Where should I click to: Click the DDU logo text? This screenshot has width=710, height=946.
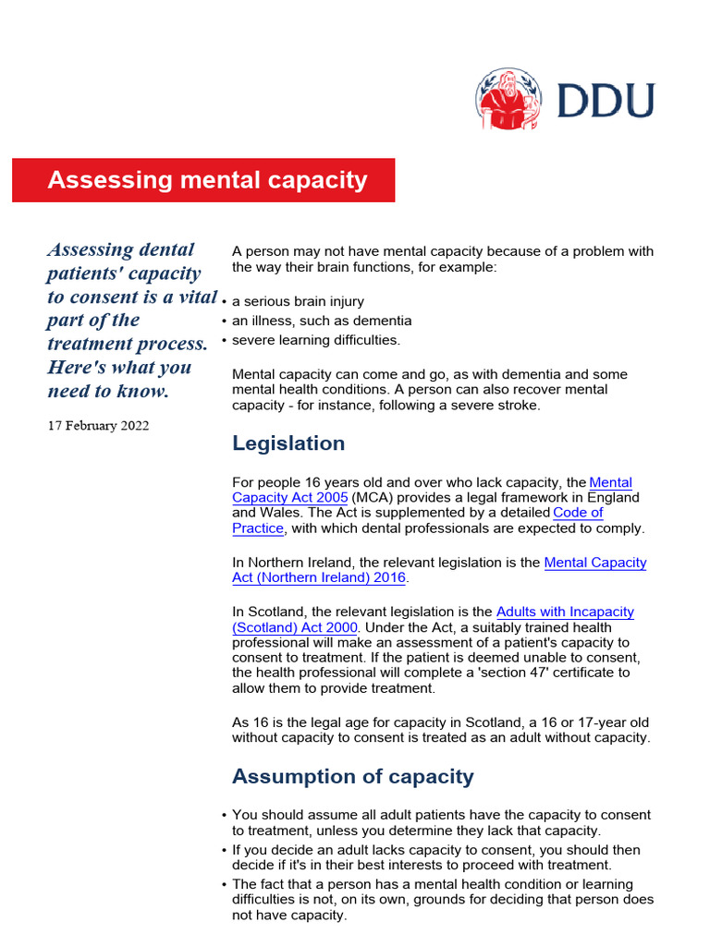coord(606,100)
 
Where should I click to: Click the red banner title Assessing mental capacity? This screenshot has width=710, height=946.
coord(207,180)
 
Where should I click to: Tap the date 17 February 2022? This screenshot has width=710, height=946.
coord(98,426)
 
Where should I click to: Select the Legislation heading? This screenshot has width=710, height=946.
coord(288,443)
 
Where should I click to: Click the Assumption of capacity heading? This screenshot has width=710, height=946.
coord(352,776)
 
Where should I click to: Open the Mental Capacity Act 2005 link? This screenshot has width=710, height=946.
coord(610,483)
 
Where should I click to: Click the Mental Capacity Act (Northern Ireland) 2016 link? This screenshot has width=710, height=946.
coord(595,563)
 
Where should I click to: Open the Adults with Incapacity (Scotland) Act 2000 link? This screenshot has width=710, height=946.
coord(565,612)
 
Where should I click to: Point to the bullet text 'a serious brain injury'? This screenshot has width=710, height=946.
coord(298,301)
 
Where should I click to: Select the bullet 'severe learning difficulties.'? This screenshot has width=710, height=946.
coord(316,340)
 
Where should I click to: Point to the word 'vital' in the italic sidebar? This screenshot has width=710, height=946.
coord(194,297)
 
